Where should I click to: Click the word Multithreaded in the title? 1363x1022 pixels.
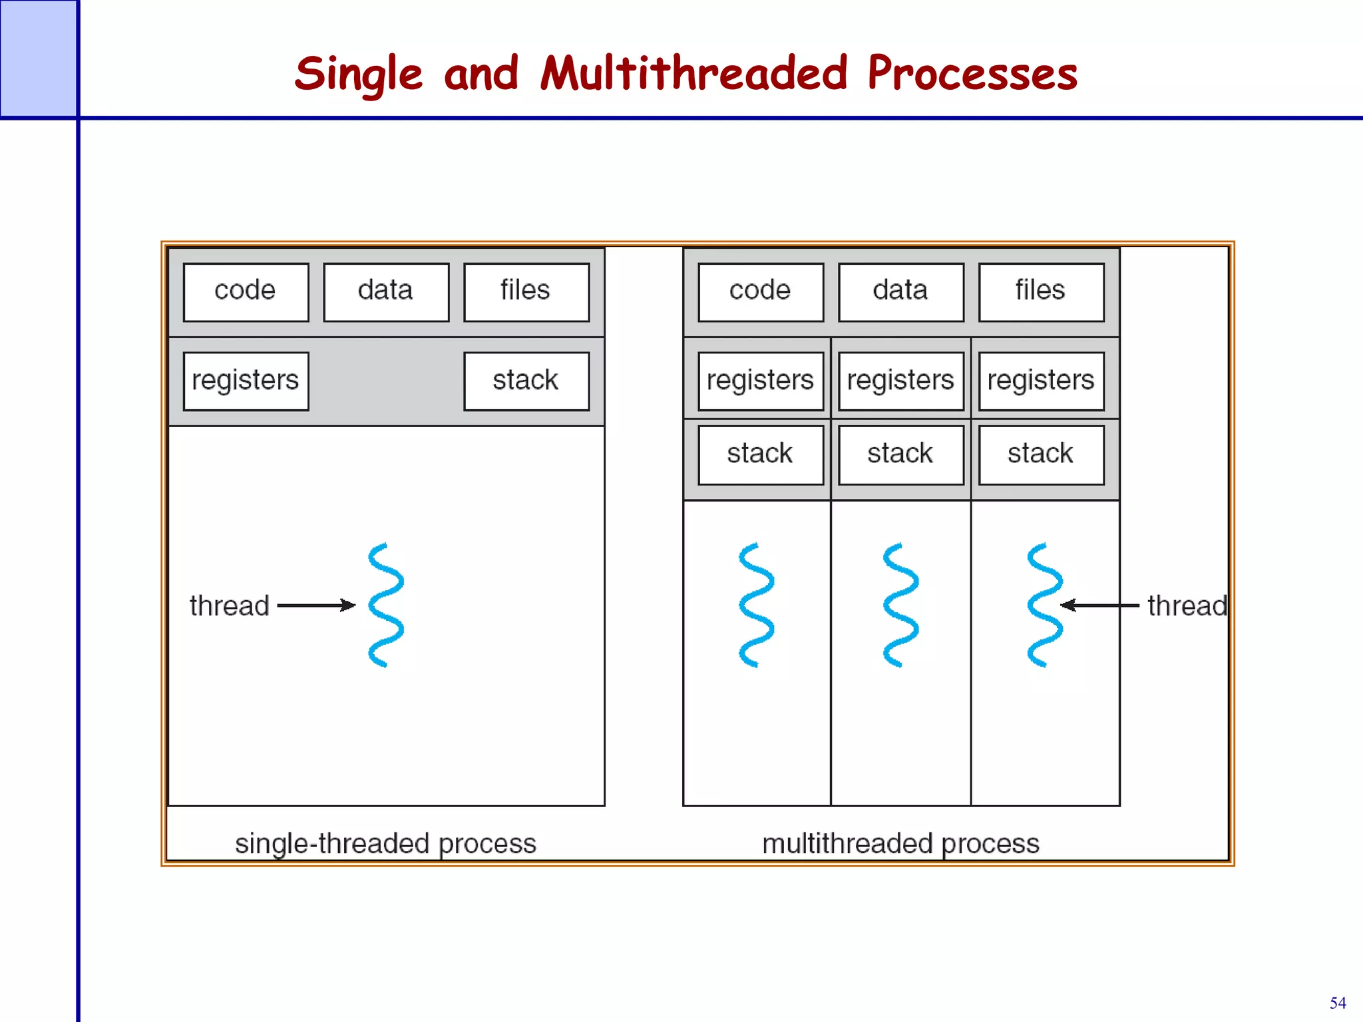693,73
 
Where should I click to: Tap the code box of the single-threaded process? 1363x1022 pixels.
246,292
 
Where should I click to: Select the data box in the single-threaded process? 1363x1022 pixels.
386,292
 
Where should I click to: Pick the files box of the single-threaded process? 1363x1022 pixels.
526,292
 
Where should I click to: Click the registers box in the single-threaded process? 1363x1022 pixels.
246,381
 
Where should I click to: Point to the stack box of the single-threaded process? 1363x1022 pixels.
526,381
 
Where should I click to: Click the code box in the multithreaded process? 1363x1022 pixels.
761,292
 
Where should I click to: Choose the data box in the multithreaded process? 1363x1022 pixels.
901,292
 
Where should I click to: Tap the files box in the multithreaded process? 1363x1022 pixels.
1041,292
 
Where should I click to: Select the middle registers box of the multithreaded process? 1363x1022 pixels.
901,381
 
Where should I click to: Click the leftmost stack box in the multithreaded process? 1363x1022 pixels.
761,455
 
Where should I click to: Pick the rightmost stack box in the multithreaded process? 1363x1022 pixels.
1041,455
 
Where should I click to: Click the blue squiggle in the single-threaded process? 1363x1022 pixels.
386,605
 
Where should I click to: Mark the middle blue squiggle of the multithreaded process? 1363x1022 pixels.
901,605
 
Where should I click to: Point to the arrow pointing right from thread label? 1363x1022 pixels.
316,605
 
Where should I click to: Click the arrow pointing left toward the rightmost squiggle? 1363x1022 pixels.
1099,605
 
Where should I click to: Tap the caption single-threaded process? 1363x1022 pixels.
385,843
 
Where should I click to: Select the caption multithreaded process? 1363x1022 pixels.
900,843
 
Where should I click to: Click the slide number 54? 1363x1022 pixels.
1337,1003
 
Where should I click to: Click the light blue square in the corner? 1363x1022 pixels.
38,59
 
